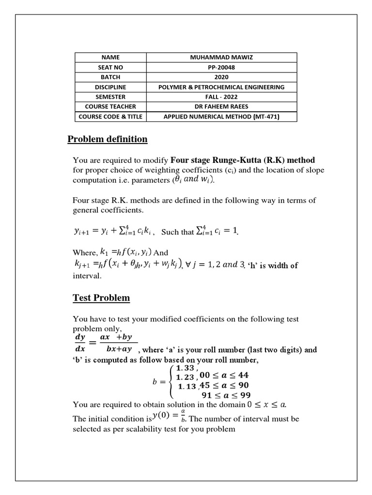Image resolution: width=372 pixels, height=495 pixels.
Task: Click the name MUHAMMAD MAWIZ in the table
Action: pos(221,58)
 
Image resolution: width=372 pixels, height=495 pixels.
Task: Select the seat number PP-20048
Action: pos(221,67)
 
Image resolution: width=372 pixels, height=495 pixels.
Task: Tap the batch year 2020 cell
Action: pos(221,77)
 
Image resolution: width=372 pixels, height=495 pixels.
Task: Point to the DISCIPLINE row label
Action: pos(110,87)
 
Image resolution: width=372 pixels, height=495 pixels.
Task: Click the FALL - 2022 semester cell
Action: pos(221,97)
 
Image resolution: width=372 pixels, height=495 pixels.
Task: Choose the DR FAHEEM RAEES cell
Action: pos(221,107)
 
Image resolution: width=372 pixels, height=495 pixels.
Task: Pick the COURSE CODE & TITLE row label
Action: pos(110,116)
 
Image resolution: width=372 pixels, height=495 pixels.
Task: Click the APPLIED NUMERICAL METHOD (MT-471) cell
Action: pos(221,116)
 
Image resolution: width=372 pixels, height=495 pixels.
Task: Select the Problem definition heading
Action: pos(107,139)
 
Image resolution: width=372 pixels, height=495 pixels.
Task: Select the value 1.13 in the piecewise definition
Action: pos(187,386)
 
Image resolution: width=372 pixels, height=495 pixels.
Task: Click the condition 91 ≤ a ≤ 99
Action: pos(225,395)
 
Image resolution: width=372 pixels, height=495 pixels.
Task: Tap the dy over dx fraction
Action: pos(79,342)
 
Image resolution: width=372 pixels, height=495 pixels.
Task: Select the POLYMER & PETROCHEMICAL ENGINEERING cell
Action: pos(221,87)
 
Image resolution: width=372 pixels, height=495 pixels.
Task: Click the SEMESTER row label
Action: pos(110,97)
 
